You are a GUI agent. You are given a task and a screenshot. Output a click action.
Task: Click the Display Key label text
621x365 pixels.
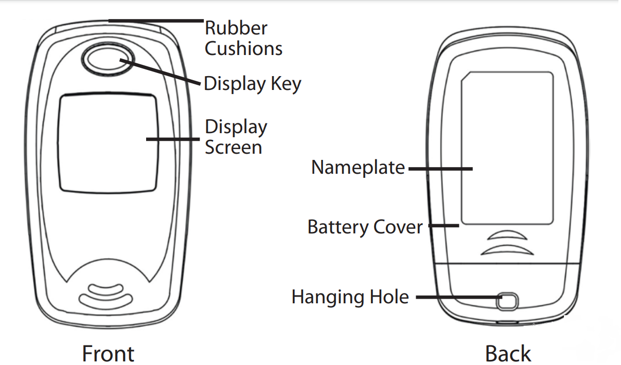pyautogui.click(x=252, y=84)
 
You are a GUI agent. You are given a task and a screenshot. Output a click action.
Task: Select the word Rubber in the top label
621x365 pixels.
pyautogui.click(x=236, y=28)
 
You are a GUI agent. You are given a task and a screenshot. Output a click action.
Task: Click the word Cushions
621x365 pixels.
pyautogui.click(x=243, y=49)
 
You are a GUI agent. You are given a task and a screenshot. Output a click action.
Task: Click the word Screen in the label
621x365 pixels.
pyautogui.click(x=233, y=148)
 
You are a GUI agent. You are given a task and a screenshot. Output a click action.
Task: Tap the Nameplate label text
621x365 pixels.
pyautogui.click(x=358, y=168)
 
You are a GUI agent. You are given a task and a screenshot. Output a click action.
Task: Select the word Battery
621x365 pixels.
pyautogui.click(x=338, y=227)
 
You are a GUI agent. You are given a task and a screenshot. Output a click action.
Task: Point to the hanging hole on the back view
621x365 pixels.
pyautogui.click(x=507, y=301)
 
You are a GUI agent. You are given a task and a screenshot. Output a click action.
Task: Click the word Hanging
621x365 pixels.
pyautogui.click(x=328, y=297)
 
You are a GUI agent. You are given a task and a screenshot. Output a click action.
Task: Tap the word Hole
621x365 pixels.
pyautogui.click(x=388, y=297)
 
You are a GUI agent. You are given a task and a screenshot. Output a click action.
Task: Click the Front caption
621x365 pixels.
pyautogui.click(x=108, y=354)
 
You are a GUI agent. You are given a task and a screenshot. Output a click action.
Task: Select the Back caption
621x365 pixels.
pyautogui.click(x=508, y=354)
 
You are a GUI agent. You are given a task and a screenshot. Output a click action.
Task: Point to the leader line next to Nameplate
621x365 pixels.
pyautogui.click(x=440, y=168)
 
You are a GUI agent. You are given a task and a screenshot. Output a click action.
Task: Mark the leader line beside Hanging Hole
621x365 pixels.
pyautogui.click(x=458, y=297)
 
